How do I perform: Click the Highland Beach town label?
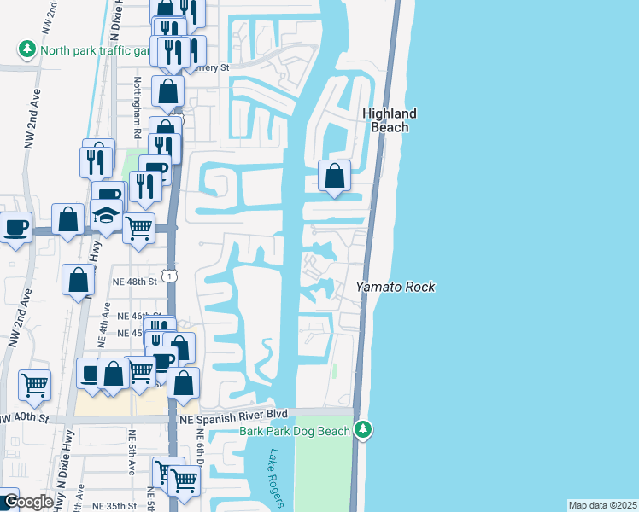(x=389, y=120)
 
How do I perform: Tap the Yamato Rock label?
(x=396, y=288)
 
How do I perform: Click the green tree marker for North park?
(x=28, y=49)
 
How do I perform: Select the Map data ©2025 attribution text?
(x=601, y=505)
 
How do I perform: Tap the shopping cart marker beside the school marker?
(x=139, y=228)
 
